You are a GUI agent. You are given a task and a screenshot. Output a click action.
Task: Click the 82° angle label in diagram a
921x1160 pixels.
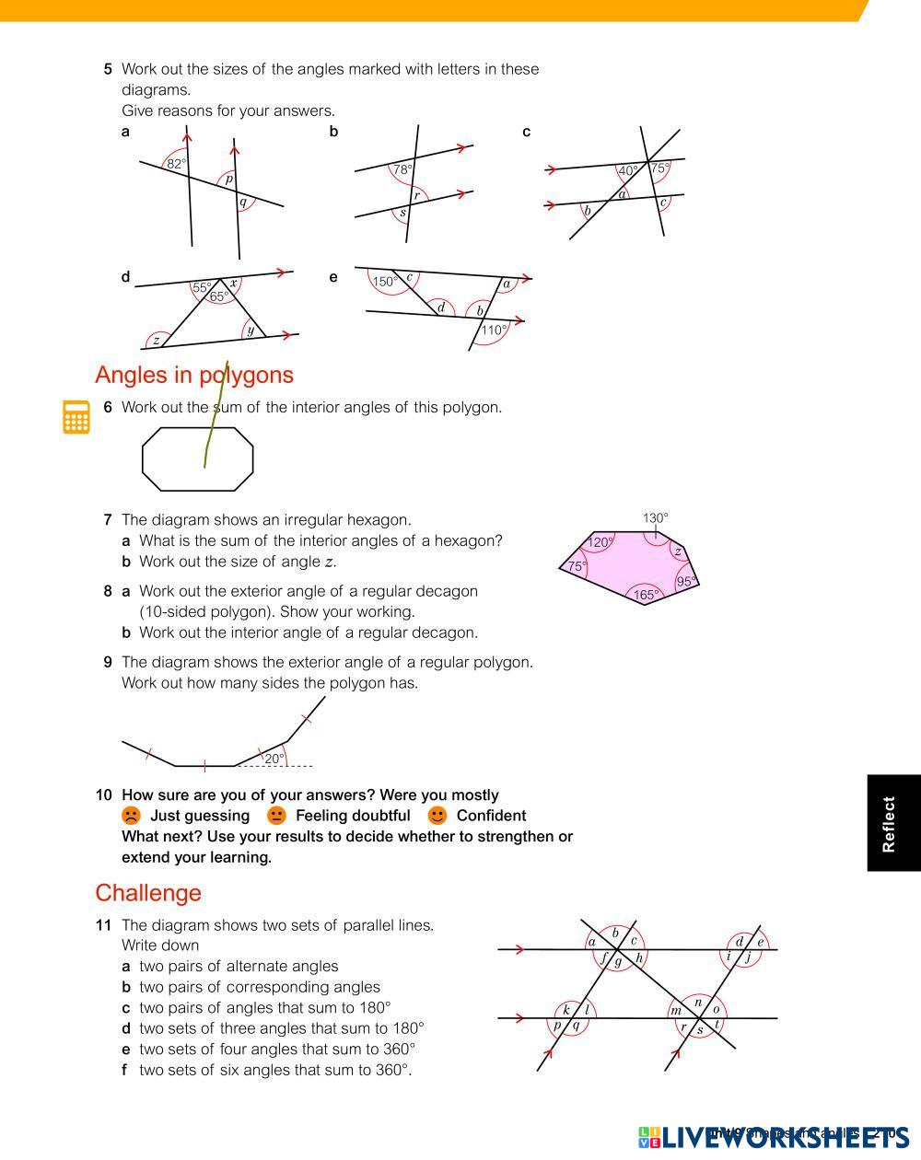176,164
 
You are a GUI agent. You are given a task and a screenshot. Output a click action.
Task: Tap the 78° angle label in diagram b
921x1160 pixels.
402,169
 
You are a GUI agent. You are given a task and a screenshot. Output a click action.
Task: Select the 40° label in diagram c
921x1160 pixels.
628,170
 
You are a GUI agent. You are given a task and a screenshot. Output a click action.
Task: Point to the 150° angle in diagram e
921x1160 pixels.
385,282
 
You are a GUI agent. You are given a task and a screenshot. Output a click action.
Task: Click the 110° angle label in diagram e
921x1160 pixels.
494,330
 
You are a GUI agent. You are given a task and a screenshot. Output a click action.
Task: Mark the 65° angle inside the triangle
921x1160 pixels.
218,296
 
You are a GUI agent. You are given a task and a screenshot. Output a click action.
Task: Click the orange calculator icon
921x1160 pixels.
76,417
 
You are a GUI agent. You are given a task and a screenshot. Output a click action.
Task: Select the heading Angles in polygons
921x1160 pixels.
194,375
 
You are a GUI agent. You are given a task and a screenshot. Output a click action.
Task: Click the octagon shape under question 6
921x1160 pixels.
197,458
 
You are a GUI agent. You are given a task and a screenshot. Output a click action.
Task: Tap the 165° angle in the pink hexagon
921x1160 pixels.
647,595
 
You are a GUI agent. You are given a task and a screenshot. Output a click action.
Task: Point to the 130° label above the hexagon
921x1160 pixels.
656,518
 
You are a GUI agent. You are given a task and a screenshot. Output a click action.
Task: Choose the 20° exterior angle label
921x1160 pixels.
274,759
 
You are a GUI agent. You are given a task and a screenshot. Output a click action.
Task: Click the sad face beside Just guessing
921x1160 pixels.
131,816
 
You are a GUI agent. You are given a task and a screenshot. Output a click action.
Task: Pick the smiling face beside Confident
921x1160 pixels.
437,816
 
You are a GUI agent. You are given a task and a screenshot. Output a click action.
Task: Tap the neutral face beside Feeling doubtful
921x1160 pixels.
276,816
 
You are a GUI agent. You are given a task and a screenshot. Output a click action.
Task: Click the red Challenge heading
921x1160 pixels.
148,893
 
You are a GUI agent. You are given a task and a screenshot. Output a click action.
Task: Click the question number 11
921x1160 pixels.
103,924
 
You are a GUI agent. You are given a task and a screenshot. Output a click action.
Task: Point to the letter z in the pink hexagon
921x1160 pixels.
678,551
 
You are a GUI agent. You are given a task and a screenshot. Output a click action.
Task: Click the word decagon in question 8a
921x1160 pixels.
446,591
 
